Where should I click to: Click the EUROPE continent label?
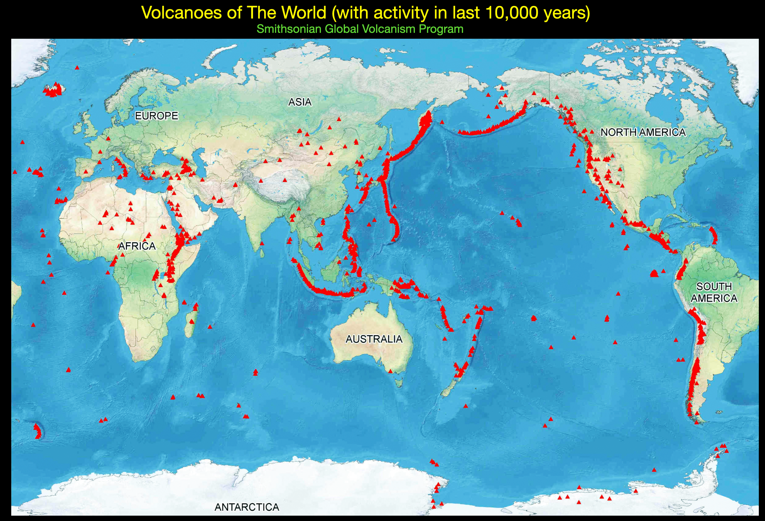pos(156,116)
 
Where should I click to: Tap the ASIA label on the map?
pos(300,102)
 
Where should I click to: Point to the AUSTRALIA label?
pos(374,339)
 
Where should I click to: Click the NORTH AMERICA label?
pos(643,132)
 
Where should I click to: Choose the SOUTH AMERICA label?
pos(714,292)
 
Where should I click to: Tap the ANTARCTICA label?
pos(247,507)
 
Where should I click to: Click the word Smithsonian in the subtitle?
pos(289,29)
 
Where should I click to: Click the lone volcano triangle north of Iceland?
pos(77,67)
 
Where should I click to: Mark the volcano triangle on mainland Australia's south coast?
pos(390,371)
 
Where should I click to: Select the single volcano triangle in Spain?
pos(86,172)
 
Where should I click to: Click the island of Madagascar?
pos(191,321)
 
